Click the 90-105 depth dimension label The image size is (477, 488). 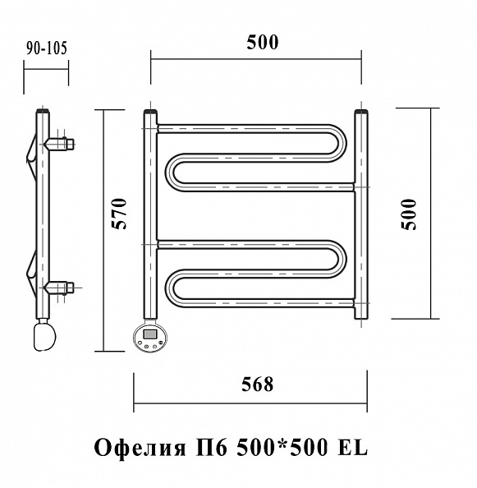[x=47, y=48]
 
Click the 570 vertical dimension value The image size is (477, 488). [x=119, y=214]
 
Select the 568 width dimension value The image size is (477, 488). [x=258, y=384]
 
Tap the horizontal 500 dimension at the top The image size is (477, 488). [x=263, y=43]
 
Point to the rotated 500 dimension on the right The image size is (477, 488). [x=408, y=214]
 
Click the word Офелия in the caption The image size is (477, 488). [x=140, y=448]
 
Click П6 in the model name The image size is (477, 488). [x=211, y=448]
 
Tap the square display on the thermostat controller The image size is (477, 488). [x=150, y=334]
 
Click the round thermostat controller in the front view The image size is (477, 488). [x=150, y=337]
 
